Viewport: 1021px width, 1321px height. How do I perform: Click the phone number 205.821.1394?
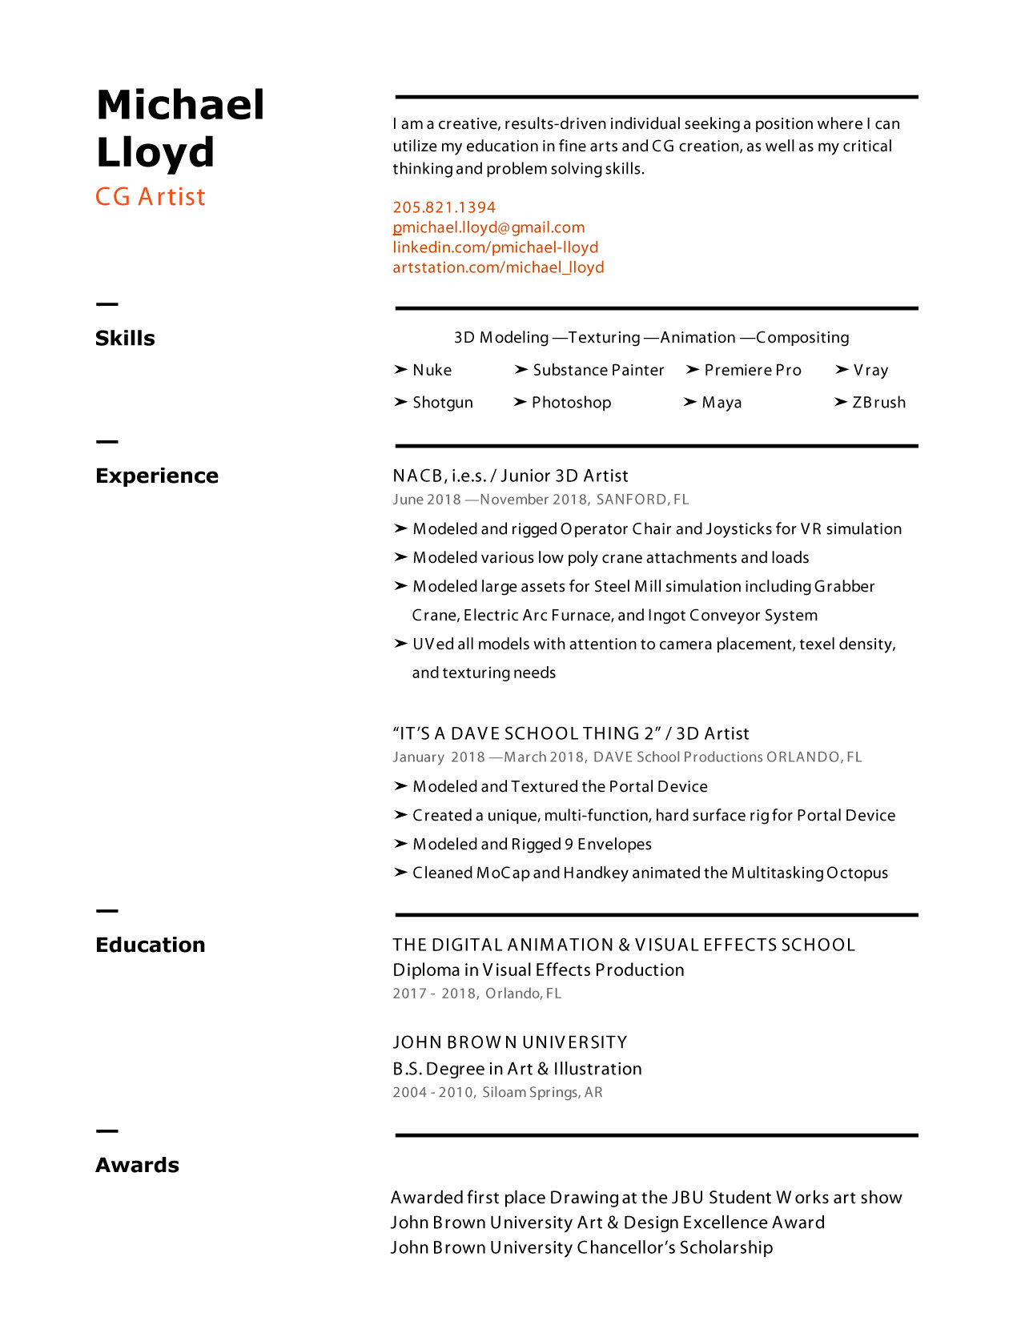pyautogui.click(x=444, y=207)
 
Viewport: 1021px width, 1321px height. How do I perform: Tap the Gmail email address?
pyautogui.click(x=488, y=227)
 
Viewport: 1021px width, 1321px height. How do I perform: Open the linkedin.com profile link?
pyautogui.click(x=495, y=247)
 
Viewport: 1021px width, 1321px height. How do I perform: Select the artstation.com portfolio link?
pyautogui.click(x=498, y=267)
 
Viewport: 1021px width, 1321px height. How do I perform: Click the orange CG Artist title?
pyautogui.click(x=151, y=197)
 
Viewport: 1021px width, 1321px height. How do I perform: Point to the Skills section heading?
pyautogui.click(x=125, y=339)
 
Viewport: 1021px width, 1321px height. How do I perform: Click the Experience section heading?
pyautogui.click(x=157, y=476)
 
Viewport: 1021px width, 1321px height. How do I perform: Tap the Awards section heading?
pyautogui.click(x=137, y=1166)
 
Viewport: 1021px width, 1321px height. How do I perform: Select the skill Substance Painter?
pyautogui.click(x=598, y=370)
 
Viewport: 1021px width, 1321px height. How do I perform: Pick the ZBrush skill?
pyautogui.click(x=878, y=403)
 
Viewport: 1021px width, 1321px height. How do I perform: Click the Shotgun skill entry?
pyautogui.click(x=443, y=403)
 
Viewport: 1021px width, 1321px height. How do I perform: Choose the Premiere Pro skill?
pyautogui.click(x=753, y=370)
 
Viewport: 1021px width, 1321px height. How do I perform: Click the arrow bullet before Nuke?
pyautogui.click(x=400, y=370)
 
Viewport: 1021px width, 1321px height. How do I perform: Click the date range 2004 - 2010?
pyautogui.click(x=432, y=1093)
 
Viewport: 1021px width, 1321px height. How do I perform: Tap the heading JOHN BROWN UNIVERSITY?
pyautogui.click(x=510, y=1042)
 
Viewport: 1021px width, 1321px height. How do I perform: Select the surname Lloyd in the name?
pyautogui.click(x=155, y=152)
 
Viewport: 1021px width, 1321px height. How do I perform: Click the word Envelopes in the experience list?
pyautogui.click(x=614, y=845)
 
